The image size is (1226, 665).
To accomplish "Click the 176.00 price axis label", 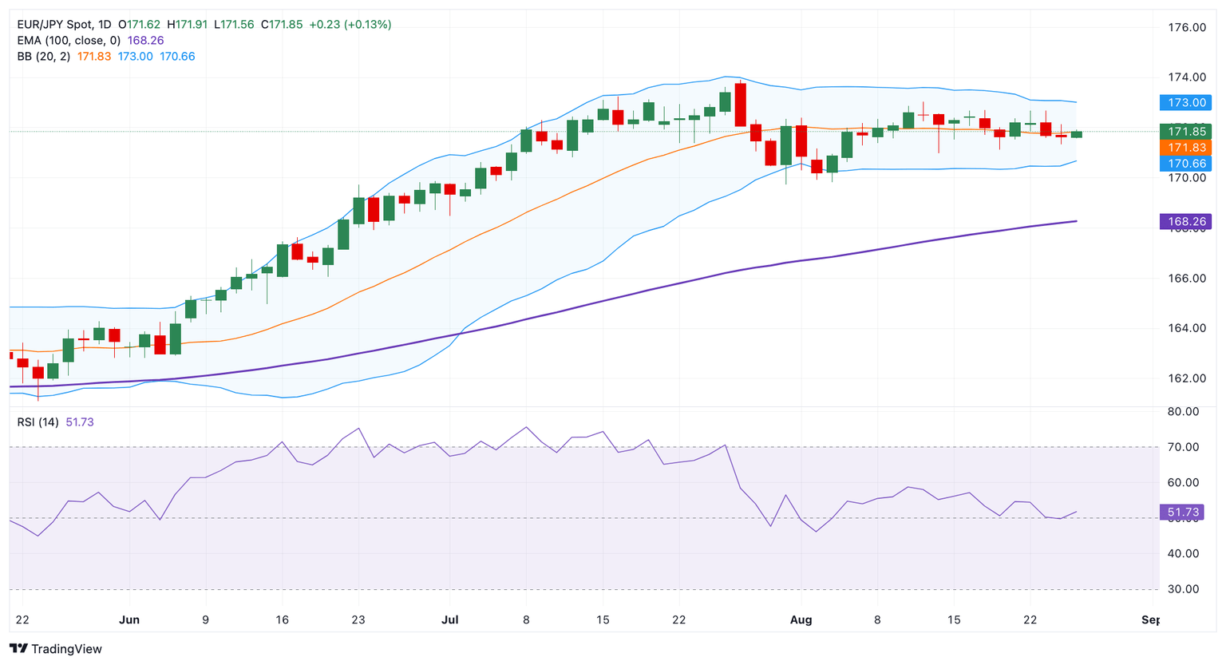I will point(1186,27).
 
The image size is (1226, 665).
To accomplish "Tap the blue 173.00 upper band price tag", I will point(1186,102).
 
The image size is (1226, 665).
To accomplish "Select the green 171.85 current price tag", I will point(1186,132).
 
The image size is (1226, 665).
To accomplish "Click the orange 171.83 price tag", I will point(1186,148).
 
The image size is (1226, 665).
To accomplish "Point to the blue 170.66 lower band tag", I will point(1186,164).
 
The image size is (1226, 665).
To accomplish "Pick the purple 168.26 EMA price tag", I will point(1186,221).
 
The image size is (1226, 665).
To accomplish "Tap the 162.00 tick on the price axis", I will point(1186,378).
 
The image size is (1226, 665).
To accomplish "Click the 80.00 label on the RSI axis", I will point(1183,412).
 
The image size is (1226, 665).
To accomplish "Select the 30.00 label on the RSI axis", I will point(1183,589).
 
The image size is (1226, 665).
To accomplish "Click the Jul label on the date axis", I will point(449,620).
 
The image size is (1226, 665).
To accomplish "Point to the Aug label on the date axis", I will point(801,620).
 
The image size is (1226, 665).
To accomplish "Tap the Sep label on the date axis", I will point(1150,620).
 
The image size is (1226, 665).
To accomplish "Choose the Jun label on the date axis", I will point(129,620).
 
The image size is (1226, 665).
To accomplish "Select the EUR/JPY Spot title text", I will point(53,25).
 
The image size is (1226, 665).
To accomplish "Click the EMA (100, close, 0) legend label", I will point(69,41).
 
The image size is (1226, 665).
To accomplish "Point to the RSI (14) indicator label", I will point(38,422).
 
